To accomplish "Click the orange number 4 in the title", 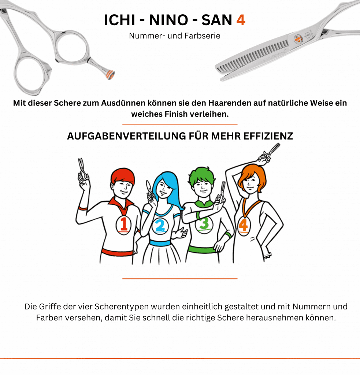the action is click(241, 20).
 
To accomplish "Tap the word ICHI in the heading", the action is click(120, 20).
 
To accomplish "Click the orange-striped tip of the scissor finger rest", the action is click(110, 75).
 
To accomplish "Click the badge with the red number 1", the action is click(123, 225).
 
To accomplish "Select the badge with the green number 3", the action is click(204, 224).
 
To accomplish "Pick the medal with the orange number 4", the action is click(244, 226).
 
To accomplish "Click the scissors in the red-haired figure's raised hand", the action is click(83, 170).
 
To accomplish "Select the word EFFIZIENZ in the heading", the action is click(268, 136).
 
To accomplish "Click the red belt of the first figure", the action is click(118, 252).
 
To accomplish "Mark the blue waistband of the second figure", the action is click(160, 243).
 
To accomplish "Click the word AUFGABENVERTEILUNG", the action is click(126, 136).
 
